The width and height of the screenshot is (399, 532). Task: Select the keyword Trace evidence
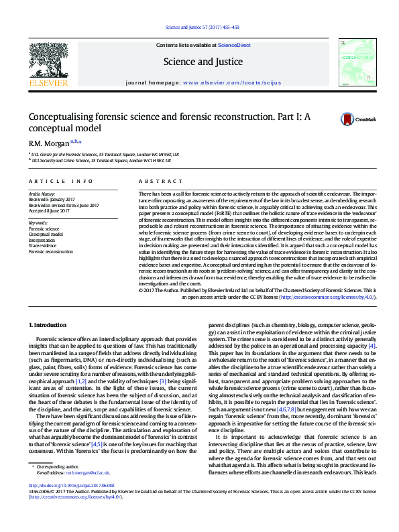[x=42, y=246]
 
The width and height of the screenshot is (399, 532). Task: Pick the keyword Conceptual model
[x=45, y=234]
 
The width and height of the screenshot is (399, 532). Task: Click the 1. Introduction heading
[x=48, y=324]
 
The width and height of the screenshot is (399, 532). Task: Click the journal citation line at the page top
[x=199, y=28]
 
